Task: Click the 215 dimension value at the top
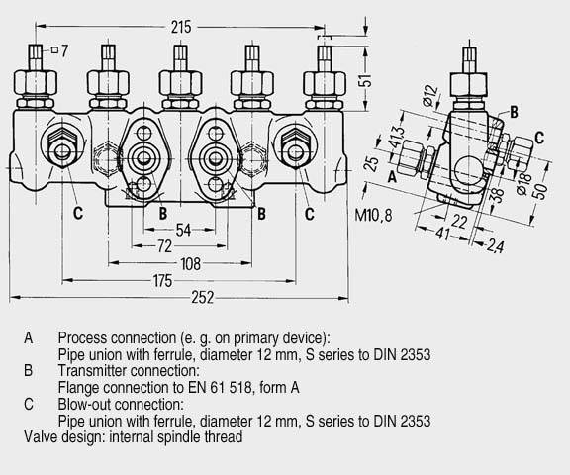click(181, 28)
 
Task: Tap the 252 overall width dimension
click(203, 298)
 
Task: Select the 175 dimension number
click(162, 281)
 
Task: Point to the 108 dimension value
click(190, 264)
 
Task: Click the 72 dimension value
click(164, 246)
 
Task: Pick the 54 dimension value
click(183, 230)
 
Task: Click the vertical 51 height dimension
click(368, 80)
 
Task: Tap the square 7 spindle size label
click(60, 50)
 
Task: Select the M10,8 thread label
click(373, 215)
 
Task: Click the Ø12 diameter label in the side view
click(430, 95)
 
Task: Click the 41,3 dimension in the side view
click(397, 138)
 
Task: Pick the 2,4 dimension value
click(495, 246)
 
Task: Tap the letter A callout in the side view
click(392, 177)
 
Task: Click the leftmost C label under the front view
click(78, 213)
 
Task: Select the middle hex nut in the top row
click(180, 82)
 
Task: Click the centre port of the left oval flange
click(143, 158)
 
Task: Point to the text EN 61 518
click(220, 387)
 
